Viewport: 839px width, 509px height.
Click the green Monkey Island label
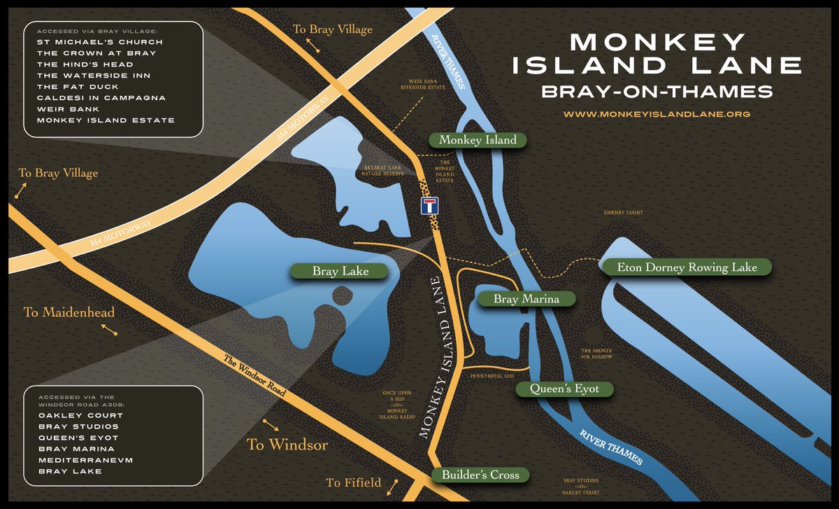point(478,140)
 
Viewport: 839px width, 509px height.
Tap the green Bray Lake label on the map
point(340,270)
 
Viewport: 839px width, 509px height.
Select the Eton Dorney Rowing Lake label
point(687,267)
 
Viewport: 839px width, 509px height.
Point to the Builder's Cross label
point(480,475)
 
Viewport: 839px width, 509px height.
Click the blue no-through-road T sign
point(429,205)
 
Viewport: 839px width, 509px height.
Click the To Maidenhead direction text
point(69,312)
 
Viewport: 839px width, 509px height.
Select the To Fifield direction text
point(354,482)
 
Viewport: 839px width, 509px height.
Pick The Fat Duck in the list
point(73,86)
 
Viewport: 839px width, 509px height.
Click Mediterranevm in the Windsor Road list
point(81,460)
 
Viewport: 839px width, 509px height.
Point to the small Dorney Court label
point(622,212)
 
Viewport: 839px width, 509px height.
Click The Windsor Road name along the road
point(254,377)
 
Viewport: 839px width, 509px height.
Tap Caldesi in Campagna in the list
point(101,97)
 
